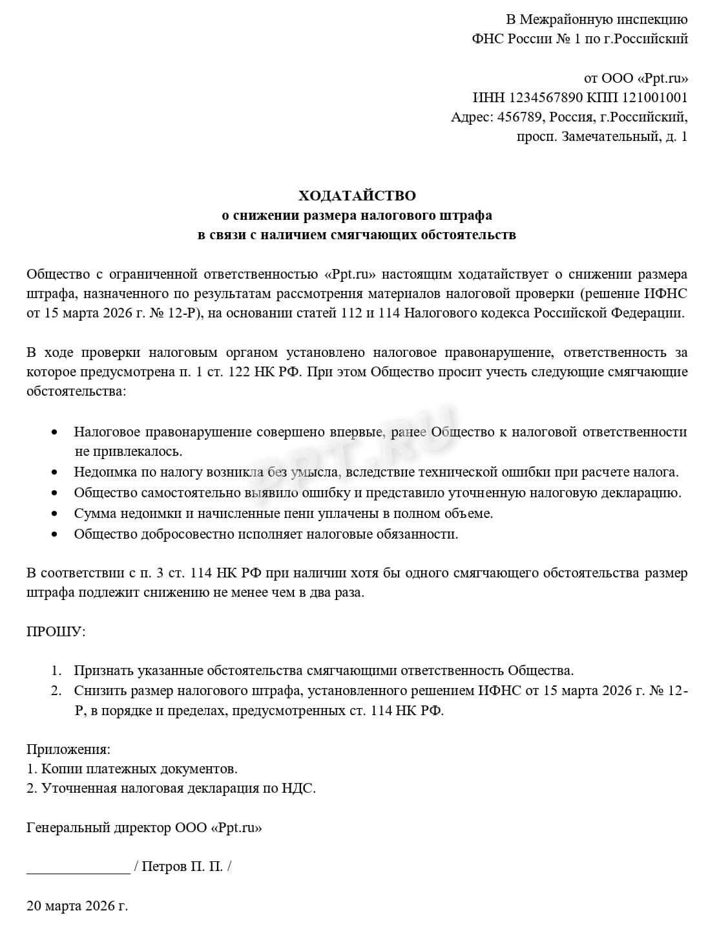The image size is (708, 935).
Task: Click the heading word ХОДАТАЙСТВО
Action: pos(357,195)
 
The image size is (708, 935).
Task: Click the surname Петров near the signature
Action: pos(164,866)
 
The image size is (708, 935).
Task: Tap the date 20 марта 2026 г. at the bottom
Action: pos(77,905)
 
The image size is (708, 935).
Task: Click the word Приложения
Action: pos(68,749)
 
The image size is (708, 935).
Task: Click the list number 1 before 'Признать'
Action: pos(56,671)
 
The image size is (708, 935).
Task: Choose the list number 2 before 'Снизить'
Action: pos(56,691)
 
